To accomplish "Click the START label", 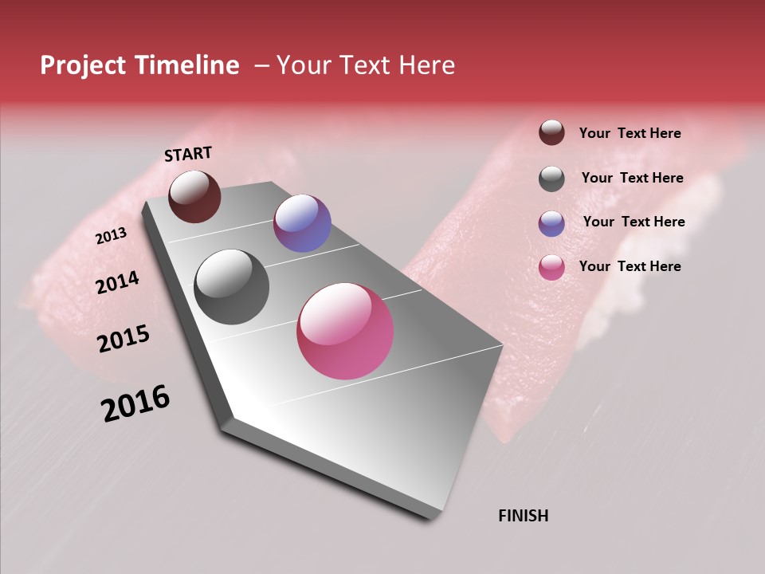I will pos(188,154).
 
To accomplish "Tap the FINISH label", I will pos(523,516).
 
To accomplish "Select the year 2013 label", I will pos(111,236).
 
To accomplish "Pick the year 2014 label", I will pos(117,282).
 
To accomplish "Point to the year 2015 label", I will pos(124,339).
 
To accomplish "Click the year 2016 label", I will pos(135,403).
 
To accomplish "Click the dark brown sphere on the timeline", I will pos(194,196).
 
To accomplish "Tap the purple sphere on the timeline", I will pos(302,223).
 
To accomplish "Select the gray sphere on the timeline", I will pos(231,286).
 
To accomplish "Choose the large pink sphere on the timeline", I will pos(345,331).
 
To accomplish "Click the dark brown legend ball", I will pos(551,132).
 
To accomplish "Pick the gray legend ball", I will pos(551,179).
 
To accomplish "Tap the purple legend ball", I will pos(551,223).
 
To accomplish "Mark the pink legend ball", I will pos(551,267).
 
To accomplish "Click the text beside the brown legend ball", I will pos(630,133).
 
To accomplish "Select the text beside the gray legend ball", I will pos(632,178).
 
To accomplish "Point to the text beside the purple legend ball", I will pos(634,222).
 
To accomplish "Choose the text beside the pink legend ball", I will pos(630,266).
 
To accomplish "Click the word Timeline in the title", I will pos(186,65).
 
